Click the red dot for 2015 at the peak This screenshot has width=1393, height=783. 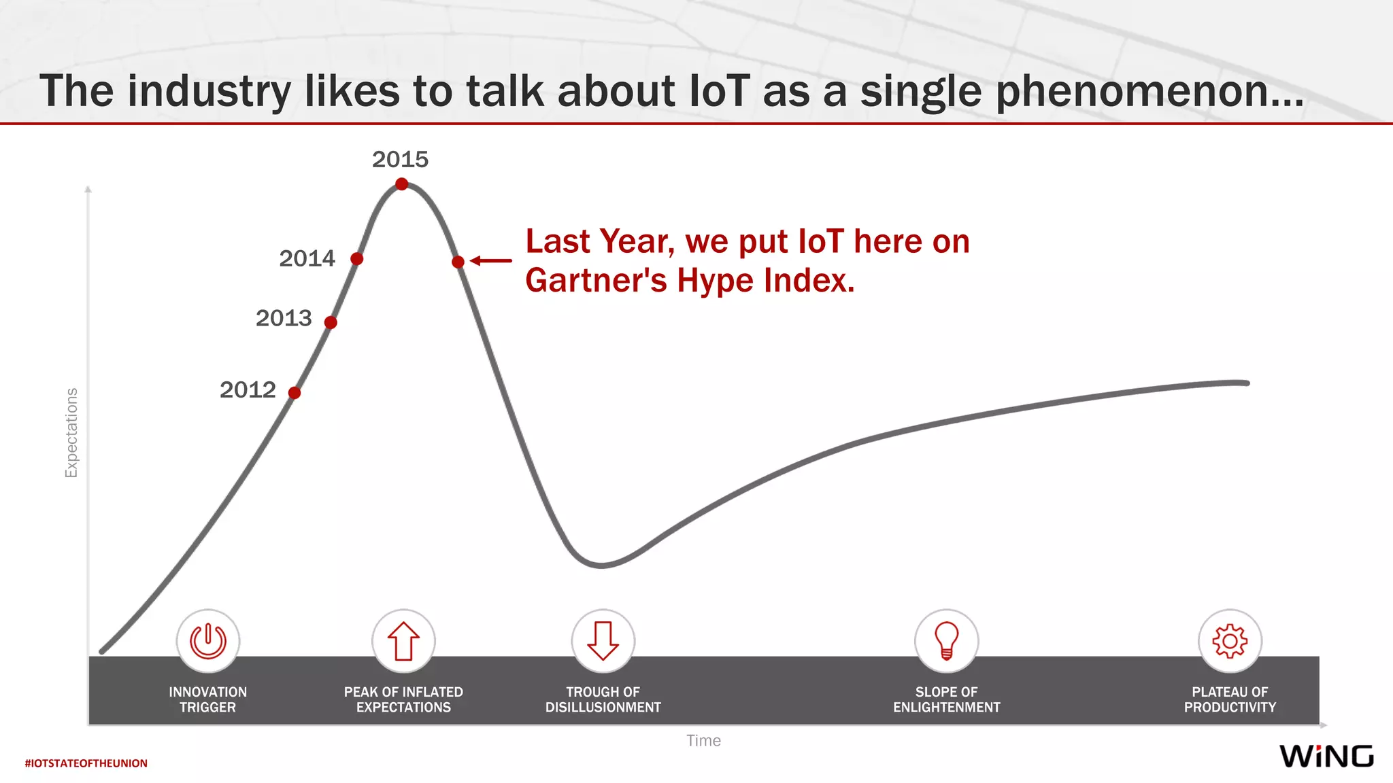[x=402, y=184]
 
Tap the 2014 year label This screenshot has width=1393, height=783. [x=307, y=258]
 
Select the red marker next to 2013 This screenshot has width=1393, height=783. [x=331, y=322]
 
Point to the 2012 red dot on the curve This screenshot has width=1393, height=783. [x=295, y=393]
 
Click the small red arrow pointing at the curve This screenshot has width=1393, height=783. [x=490, y=260]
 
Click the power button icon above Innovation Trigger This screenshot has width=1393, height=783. [x=207, y=640]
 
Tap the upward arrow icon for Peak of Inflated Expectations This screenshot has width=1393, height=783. [x=403, y=640]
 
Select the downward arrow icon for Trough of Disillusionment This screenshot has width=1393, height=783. [x=603, y=640]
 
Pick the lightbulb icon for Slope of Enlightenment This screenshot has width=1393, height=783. [x=946, y=640]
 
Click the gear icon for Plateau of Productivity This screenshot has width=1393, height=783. [x=1230, y=640]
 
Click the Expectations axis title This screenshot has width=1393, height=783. [x=71, y=433]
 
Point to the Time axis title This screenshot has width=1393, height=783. [x=703, y=740]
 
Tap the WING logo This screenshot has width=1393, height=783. [x=1326, y=756]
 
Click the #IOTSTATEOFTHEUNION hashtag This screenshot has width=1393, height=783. [x=86, y=763]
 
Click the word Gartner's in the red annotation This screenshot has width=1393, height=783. [x=595, y=280]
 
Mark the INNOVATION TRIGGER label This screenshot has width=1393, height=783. [x=207, y=699]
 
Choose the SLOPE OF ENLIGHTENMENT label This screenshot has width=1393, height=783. [x=946, y=699]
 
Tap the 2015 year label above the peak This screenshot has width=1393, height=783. [x=400, y=159]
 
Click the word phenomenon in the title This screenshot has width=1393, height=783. [x=1149, y=91]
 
